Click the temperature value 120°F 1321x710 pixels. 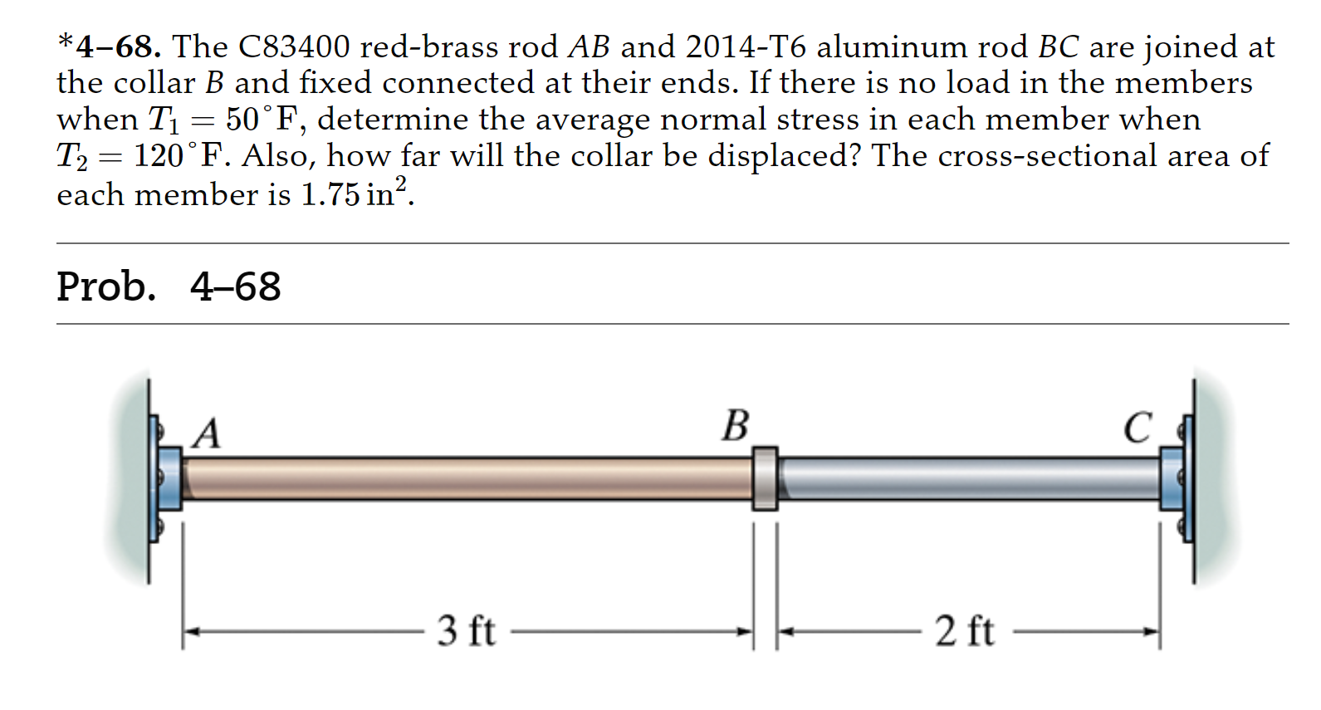pyautogui.click(x=178, y=156)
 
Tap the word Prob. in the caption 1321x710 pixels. pyautogui.click(x=105, y=286)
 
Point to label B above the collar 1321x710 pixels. pyautogui.click(x=735, y=426)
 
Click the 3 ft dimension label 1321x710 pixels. pyautogui.click(x=466, y=631)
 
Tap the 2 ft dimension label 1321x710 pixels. pyautogui.click(x=964, y=631)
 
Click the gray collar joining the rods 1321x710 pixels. pyautogui.click(x=765, y=478)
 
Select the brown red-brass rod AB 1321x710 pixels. pyautogui.click(x=465, y=478)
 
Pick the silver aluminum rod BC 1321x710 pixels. pyautogui.click(x=967, y=478)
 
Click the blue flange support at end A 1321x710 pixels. pyautogui.click(x=169, y=478)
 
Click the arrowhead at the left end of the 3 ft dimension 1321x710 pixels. pyautogui.click(x=190, y=632)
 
